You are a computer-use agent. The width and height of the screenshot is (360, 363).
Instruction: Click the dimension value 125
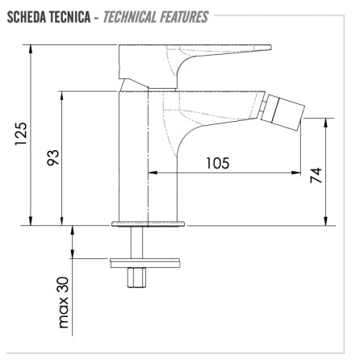21,134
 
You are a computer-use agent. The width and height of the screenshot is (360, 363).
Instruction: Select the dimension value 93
53,157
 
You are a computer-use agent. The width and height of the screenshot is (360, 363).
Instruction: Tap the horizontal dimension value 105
218,163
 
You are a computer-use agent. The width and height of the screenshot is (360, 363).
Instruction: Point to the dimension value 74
316,175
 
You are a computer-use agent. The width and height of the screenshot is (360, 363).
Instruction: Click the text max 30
64,302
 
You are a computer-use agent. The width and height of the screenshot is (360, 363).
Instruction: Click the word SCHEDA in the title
27,17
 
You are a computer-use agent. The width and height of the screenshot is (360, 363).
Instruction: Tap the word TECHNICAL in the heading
130,17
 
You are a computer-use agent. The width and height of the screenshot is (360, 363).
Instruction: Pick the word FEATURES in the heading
184,17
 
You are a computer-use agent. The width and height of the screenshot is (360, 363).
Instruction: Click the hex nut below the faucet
136,277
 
